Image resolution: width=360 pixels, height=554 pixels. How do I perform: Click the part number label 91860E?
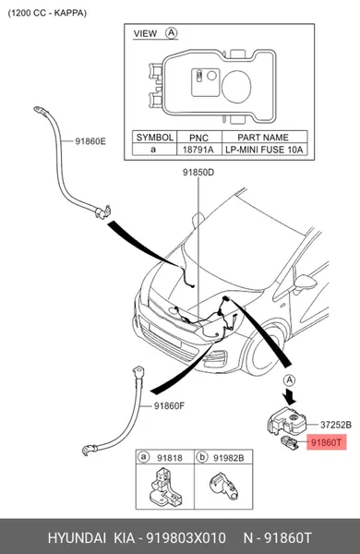90,141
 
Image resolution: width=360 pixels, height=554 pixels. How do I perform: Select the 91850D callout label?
198,173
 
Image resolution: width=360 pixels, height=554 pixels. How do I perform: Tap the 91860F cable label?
169,406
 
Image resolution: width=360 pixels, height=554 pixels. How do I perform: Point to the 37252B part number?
336,425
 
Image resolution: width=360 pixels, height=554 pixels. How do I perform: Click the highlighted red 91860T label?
327,442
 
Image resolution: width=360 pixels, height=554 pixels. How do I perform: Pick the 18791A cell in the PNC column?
198,150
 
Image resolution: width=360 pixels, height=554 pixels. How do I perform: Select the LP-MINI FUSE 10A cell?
264,150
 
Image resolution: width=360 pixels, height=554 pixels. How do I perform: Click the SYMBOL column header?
155,137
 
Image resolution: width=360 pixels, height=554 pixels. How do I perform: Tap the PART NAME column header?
263,137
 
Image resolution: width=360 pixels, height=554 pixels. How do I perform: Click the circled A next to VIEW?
172,33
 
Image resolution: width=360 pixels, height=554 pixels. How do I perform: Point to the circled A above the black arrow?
289,380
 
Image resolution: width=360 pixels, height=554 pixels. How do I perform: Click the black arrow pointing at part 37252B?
291,396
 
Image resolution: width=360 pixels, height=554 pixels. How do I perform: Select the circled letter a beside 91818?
143,457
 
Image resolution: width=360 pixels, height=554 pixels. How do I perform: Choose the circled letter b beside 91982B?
202,457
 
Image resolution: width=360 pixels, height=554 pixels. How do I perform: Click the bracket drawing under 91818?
164,487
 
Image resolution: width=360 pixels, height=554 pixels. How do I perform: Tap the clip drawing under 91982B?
223,486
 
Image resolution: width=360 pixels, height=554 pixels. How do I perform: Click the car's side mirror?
306,283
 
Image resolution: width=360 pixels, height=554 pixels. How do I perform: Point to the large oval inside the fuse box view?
236,87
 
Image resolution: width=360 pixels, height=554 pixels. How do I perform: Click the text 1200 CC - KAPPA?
47,13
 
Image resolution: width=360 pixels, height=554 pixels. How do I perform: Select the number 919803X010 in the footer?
186,538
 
